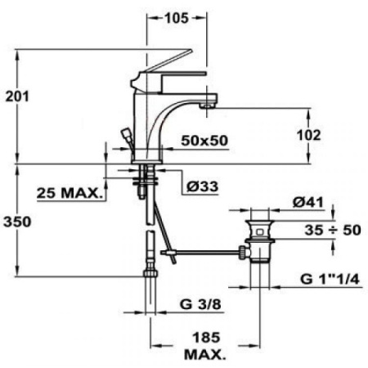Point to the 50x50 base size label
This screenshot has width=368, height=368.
tap(203, 141)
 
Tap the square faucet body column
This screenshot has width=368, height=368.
tap(147, 123)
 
